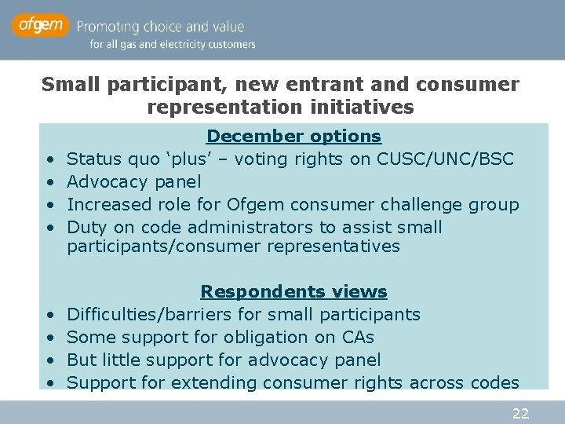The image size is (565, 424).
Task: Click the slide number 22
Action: tap(520, 413)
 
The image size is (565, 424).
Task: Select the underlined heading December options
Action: tap(293, 136)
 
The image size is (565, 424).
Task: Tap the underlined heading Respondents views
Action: tap(293, 291)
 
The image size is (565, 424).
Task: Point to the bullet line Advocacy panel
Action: tap(134, 181)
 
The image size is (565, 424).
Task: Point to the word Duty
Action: tap(86, 227)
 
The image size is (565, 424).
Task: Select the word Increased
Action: tap(107, 204)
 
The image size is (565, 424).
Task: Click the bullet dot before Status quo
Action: tap(49, 159)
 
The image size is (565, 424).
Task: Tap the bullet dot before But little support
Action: tap(49, 360)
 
